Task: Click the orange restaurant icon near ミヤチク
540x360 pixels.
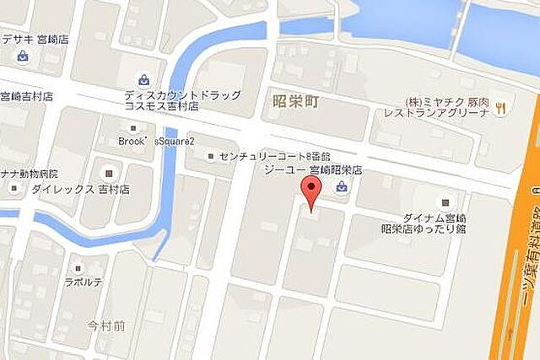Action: (501, 106)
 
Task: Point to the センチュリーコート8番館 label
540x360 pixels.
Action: (263, 155)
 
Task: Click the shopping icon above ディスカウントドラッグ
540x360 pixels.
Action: (146, 80)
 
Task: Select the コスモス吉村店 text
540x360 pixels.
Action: (161, 107)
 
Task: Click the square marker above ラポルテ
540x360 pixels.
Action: (77, 267)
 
